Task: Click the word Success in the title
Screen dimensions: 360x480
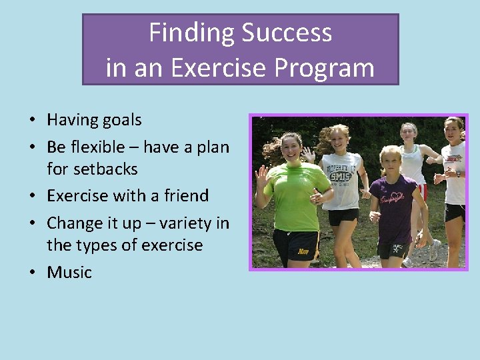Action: tap(287, 33)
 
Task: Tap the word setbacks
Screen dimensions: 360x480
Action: tap(92, 169)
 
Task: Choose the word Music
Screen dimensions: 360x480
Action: tap(69, 272)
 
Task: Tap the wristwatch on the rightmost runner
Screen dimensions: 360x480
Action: tap(457, 173)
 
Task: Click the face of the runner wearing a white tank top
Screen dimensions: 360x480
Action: tap(409, 132)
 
